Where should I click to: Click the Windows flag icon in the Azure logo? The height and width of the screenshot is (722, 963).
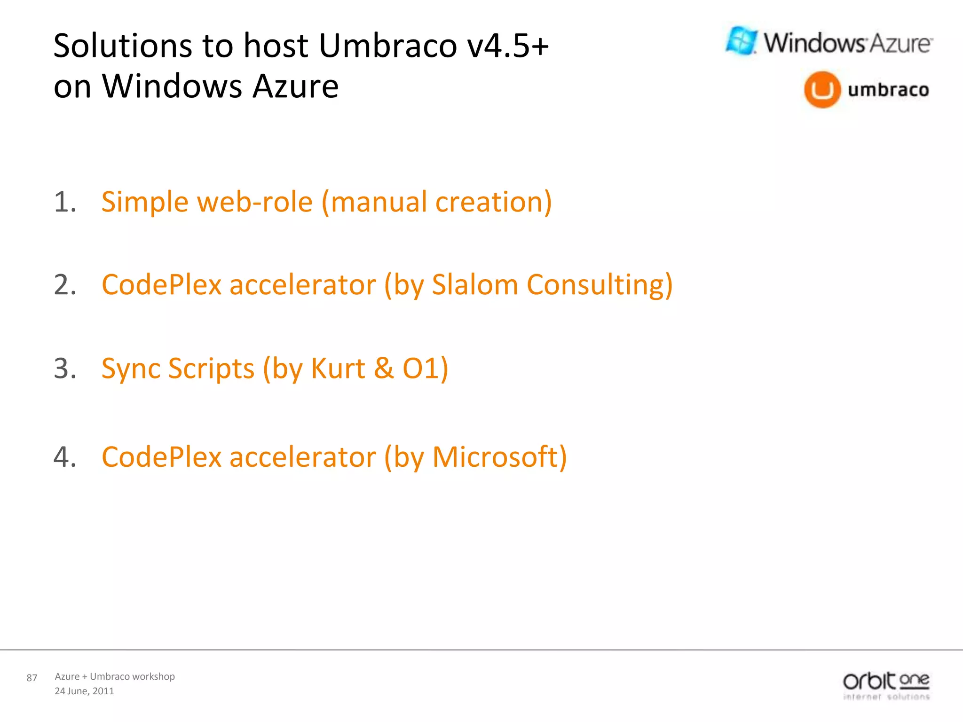pyautogui.click(x=742, y=41)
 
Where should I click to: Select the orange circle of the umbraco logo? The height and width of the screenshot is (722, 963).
pyautogui.click(x=822, y=90)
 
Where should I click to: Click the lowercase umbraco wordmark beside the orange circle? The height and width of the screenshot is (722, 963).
pyautogui.click(x=888, y=89)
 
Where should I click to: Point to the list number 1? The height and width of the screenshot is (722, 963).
pyautogui.click(x=64, y=202)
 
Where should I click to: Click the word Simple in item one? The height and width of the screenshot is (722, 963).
pyautogui.click(x=144, y=202)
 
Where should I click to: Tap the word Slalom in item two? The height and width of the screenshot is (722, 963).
pyautogui.click(x=474, y=285)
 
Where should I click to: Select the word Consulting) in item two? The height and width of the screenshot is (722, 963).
pyautogui.click(x=600, y=285)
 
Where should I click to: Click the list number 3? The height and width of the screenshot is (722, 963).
pyautogui.click(x=64, y=368)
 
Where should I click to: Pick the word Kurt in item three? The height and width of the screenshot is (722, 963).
pyautogui.click(x=338, y=368)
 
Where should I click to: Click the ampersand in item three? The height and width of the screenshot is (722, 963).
pyautogui.click(x=384, y=368)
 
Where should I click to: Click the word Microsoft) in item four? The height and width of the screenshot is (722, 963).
pyautogui.click(x=499, y=457)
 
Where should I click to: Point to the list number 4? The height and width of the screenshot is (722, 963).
pyautogui.click(x=64, y=457)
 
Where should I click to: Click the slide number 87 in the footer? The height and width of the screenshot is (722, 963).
pyautogui.click(x=32, y=678)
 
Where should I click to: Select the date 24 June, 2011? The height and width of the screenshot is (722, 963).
pyautogui.click(x=84, y=691)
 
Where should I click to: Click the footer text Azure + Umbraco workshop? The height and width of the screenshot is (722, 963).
pyautogui.click(x=115, y=676)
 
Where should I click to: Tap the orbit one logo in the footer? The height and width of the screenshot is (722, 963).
pyautogui.click(x=886, y=685)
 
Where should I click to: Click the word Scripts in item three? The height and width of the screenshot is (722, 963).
pyautogui.click(x=211, y=368)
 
